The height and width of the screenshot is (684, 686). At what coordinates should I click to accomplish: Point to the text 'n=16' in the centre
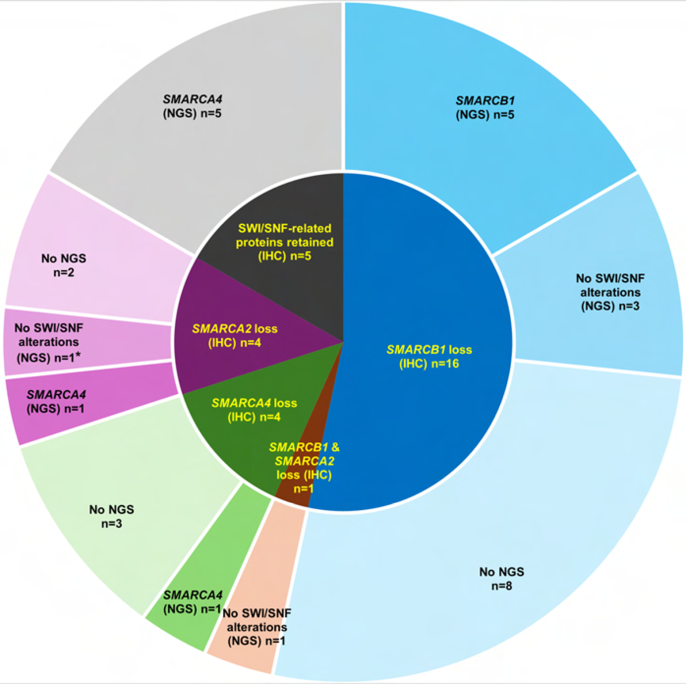pos(445,364)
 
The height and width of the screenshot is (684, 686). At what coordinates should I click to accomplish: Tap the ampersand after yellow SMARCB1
pos(335,447)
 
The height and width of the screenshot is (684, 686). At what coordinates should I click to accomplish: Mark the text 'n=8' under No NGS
pos(501,586)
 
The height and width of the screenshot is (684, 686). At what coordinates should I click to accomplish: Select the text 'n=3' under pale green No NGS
pos(111,523)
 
